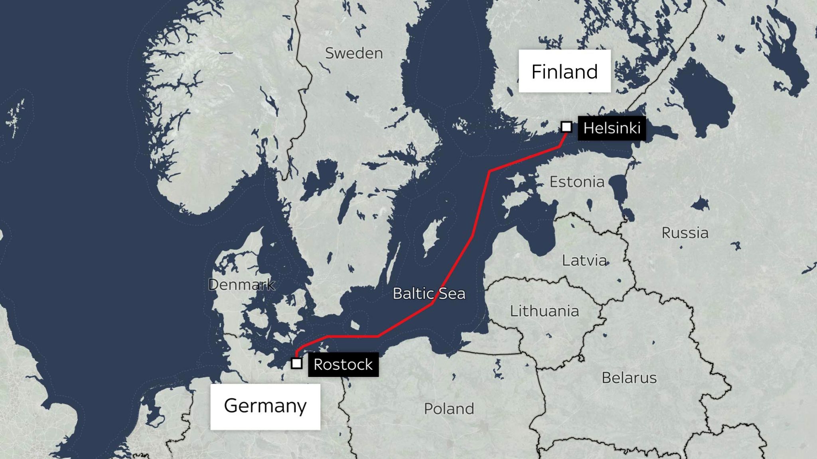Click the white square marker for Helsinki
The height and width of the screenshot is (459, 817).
(x=566, y=127)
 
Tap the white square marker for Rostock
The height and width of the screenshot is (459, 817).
(x=296, y=363)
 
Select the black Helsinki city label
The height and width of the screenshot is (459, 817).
(x=612, y=128)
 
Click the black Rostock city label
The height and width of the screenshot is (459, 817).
(x=343, y=365)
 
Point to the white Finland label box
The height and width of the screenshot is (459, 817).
(x=564, y=71)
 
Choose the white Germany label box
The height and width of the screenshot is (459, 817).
(x=265, y=406)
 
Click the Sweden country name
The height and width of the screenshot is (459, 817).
(x=354, y=53)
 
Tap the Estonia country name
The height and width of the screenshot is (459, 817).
(x=577, y=182)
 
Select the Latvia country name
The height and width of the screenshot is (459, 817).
(x=584, y=261)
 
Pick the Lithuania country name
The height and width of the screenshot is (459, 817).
(x=545, y=311)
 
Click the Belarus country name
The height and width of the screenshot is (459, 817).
(x=629, y=378)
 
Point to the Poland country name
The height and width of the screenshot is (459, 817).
(x=449, y=409)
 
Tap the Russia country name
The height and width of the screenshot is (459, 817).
(x=685, y=233)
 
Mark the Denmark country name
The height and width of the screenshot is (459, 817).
(x=242, y=284)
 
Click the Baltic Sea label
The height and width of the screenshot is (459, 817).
(x=429, y=294)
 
